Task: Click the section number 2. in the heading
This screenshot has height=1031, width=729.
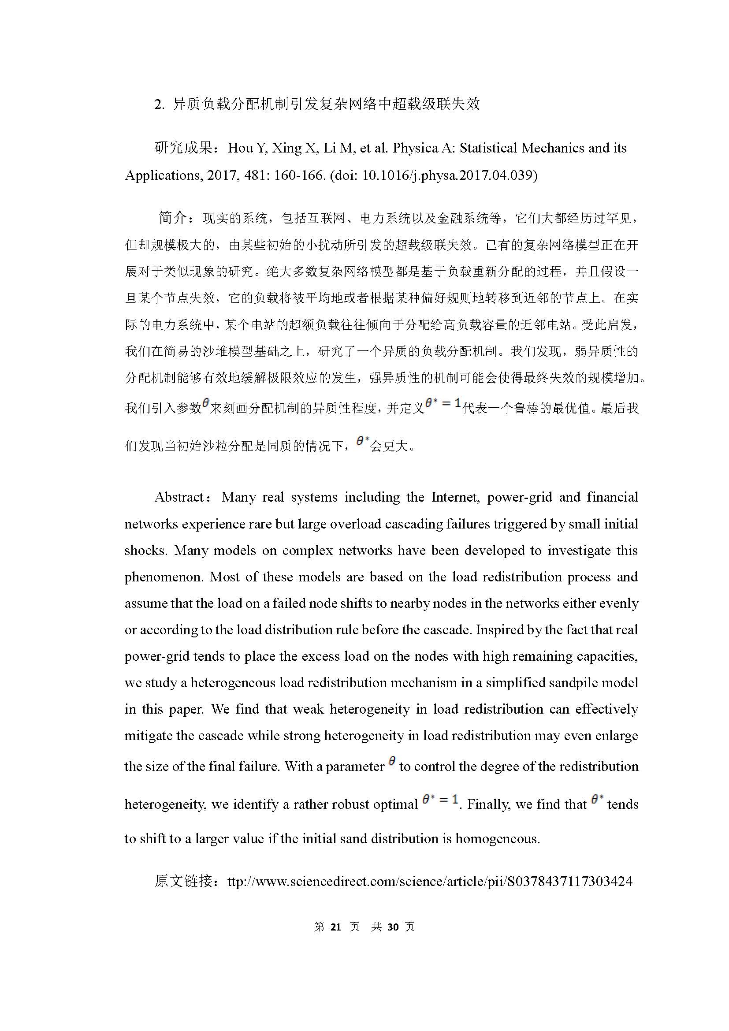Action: pyautogui.click(x=160, y=104)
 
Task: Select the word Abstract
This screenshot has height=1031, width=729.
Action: pyautogui.click(x=179, y=497)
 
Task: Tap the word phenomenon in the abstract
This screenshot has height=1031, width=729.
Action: pyautogui.click(x=163, y=577)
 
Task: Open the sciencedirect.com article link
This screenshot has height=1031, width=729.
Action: pyautogui.click(x=430, y=881)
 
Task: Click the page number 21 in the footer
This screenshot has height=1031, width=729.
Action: pyautogui.click(x=336, y=927)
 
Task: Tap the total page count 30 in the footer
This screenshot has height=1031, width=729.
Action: pyautogui.click(x=393, y=927)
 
